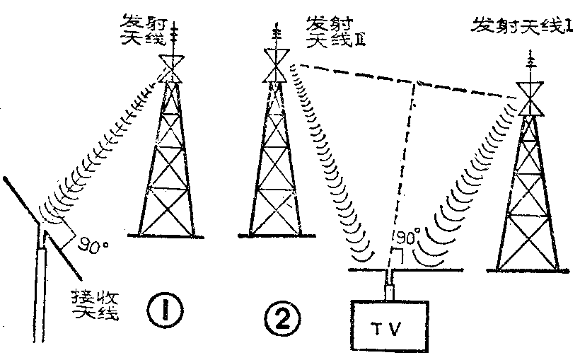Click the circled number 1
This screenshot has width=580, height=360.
tap(168, 308)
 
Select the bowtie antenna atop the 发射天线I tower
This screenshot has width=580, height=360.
tap(531, 98)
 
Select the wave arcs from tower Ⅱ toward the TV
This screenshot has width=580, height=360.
tap(332, 184)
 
